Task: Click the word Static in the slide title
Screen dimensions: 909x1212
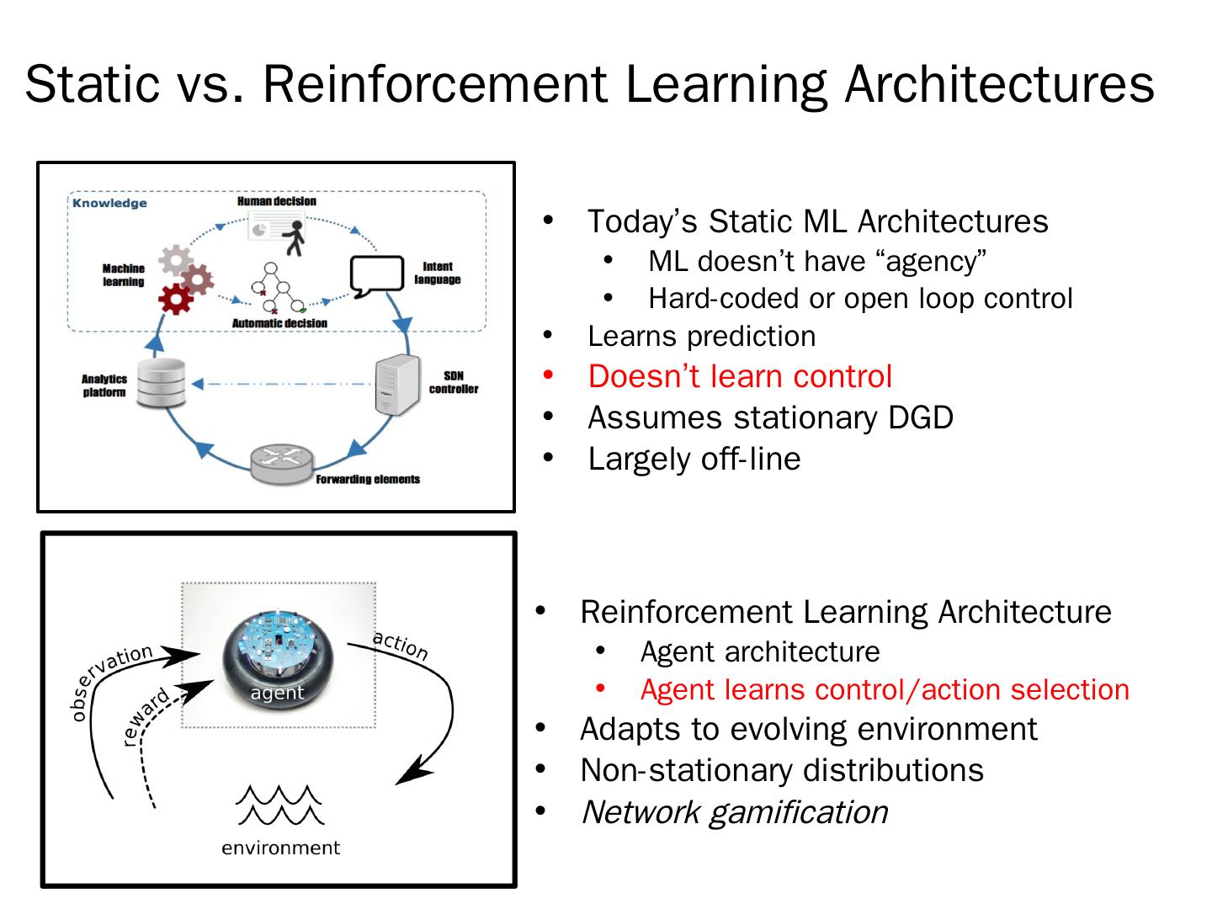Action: (x=92, y=83)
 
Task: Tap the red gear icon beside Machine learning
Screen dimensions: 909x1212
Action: (x=176, y=298)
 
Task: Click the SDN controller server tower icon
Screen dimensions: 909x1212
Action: (x=396, y=384)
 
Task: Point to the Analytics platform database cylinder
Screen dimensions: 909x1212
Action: (x=160, y=384)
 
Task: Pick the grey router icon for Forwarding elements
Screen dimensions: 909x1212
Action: (x=281, y=463)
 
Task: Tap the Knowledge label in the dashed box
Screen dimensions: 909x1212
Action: (x=109, y=203)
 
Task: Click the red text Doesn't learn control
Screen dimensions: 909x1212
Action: (x=740, y=376)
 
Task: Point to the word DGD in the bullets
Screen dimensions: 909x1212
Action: (x=923, y=417)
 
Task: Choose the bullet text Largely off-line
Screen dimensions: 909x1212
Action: (x=694, y=459)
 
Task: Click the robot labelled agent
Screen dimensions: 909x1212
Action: (x=278, y=653)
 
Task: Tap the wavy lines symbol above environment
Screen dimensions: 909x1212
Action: (x=280, y=805)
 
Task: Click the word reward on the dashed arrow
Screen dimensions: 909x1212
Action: (x=146, y=715)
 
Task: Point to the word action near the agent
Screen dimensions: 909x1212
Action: (x=401, y=646)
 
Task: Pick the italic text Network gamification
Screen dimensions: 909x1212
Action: (x=734, y=812)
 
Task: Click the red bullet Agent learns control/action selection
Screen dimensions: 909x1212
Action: (x=885, y=689)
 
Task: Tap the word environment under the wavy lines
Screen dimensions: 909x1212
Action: (x=280, y=848)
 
